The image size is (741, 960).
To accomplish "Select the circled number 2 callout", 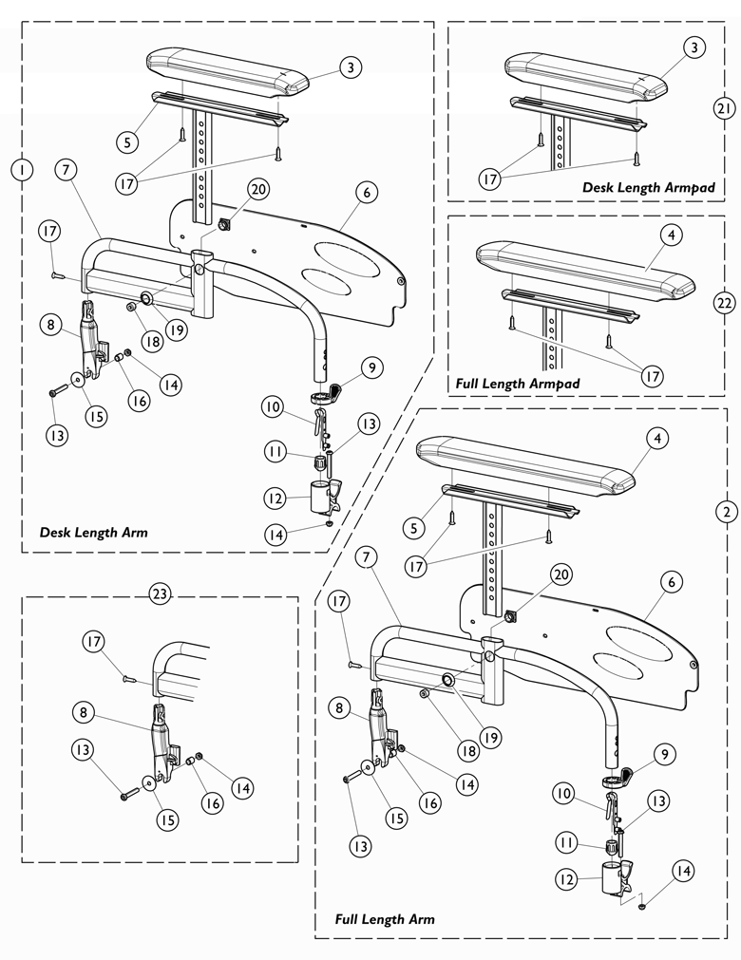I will pos(725,511).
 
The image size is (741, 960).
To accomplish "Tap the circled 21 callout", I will pos(724,109).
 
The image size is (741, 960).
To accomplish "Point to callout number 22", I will pos(724,303).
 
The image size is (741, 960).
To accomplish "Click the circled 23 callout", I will pos(159,594).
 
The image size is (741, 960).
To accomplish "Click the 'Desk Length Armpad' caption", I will pos(636,188).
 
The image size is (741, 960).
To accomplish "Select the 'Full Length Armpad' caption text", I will pos(518,383).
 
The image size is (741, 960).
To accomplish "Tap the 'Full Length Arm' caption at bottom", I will pos(385,919).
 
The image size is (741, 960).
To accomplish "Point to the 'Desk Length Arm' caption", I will pos(93,533).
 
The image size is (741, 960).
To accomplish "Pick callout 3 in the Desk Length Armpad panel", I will pos(694,46).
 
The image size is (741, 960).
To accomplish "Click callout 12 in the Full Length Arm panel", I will pos(566,880).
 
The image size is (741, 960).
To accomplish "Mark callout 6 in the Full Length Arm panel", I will pos(671,581).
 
